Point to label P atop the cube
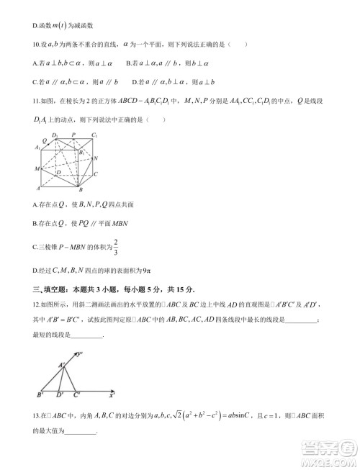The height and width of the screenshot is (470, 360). point(73,135)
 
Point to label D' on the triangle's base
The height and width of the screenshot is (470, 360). point(60,395)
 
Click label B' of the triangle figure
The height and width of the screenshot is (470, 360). point(40,395)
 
